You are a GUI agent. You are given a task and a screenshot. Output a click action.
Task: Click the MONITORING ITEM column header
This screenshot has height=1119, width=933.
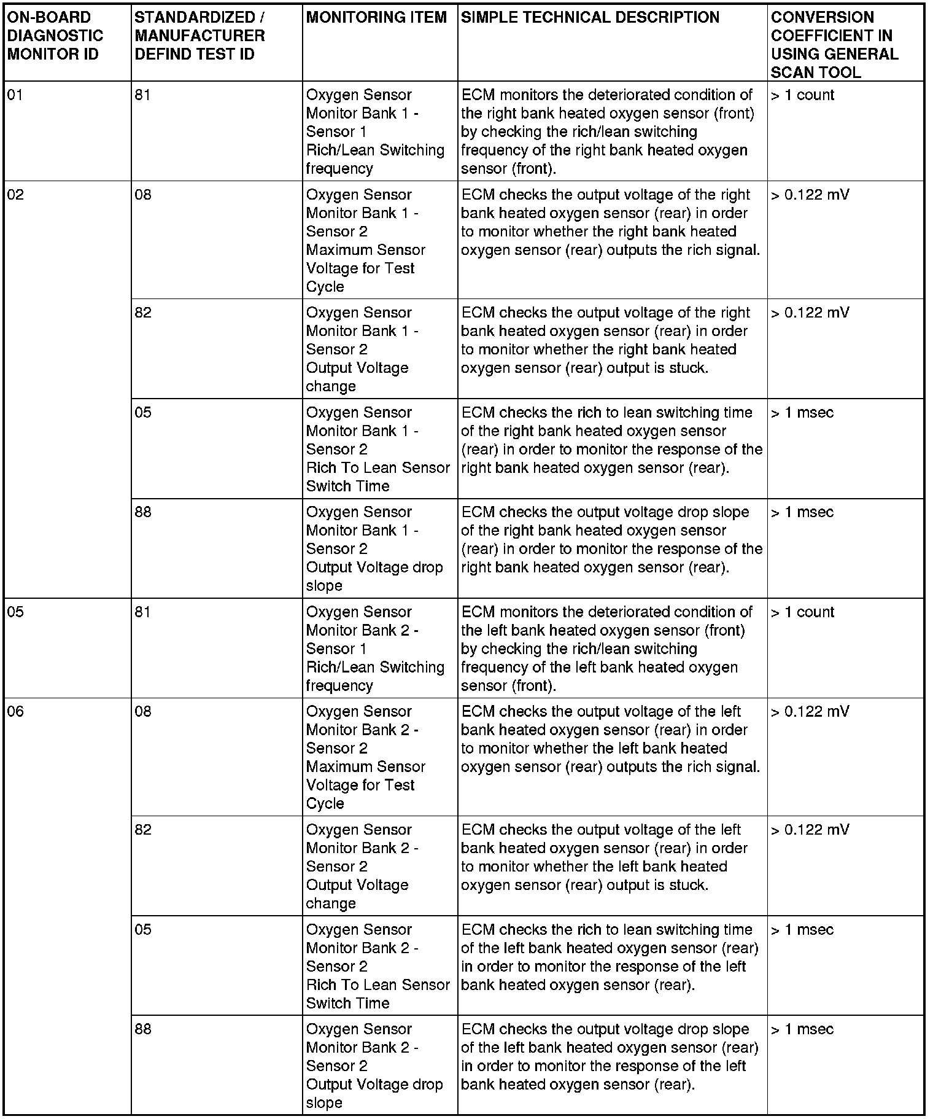[x=376, y=17]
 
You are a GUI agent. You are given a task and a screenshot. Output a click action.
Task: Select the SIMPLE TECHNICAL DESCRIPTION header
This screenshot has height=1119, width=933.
[x=590, y=17]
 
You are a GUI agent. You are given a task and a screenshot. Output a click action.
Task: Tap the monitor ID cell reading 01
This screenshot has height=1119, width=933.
[x=15, y=95]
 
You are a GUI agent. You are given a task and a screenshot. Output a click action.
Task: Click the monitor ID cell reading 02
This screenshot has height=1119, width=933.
[x=15, y=195]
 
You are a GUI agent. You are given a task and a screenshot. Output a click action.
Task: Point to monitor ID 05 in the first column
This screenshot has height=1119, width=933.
[x=15, y=612]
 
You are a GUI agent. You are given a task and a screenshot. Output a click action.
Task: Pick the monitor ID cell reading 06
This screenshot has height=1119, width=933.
[x=15, y=712]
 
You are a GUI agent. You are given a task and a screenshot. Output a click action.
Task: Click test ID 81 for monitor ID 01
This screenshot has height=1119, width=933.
[x=142, y=95]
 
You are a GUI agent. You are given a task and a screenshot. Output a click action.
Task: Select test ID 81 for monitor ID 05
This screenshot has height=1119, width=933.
[x=142, y=612]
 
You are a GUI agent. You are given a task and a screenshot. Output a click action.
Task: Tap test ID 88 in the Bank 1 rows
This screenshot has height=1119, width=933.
[x=143, y=512]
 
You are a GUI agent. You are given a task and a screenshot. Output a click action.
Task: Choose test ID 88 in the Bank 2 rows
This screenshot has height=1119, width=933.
[x=143, y=1029]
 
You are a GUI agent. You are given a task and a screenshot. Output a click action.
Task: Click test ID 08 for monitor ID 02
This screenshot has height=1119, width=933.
[x=143, y=195]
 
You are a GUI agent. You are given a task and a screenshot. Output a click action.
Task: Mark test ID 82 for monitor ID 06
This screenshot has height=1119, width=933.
[x=143, y=830]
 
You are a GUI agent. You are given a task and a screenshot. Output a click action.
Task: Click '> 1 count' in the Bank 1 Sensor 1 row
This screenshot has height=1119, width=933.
[x=802, y=95]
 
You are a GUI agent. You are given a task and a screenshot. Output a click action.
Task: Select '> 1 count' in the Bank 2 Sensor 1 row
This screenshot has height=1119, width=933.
[x=802, y=612]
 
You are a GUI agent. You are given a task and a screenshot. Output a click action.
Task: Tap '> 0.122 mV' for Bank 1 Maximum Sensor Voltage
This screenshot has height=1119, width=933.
[x=810, y=195]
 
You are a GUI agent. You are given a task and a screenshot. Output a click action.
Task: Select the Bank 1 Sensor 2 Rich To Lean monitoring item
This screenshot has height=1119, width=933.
[x=377, y=449]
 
